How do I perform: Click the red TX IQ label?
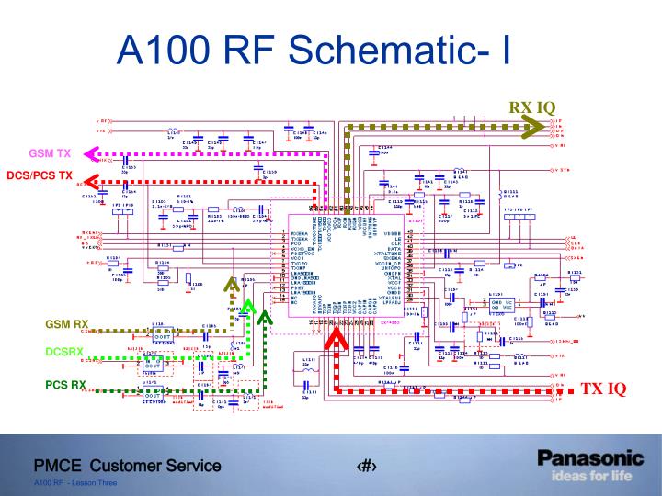coord(602,389)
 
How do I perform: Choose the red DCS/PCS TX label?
coord(39,175)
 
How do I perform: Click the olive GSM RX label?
coord(66,324)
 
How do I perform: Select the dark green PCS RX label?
coord(67,384)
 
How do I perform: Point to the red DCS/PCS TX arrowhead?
coord(93,178)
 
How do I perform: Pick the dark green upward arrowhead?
coord(265,319)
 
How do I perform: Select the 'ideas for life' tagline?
coord(591,476)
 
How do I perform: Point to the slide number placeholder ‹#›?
coord(367,467)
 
